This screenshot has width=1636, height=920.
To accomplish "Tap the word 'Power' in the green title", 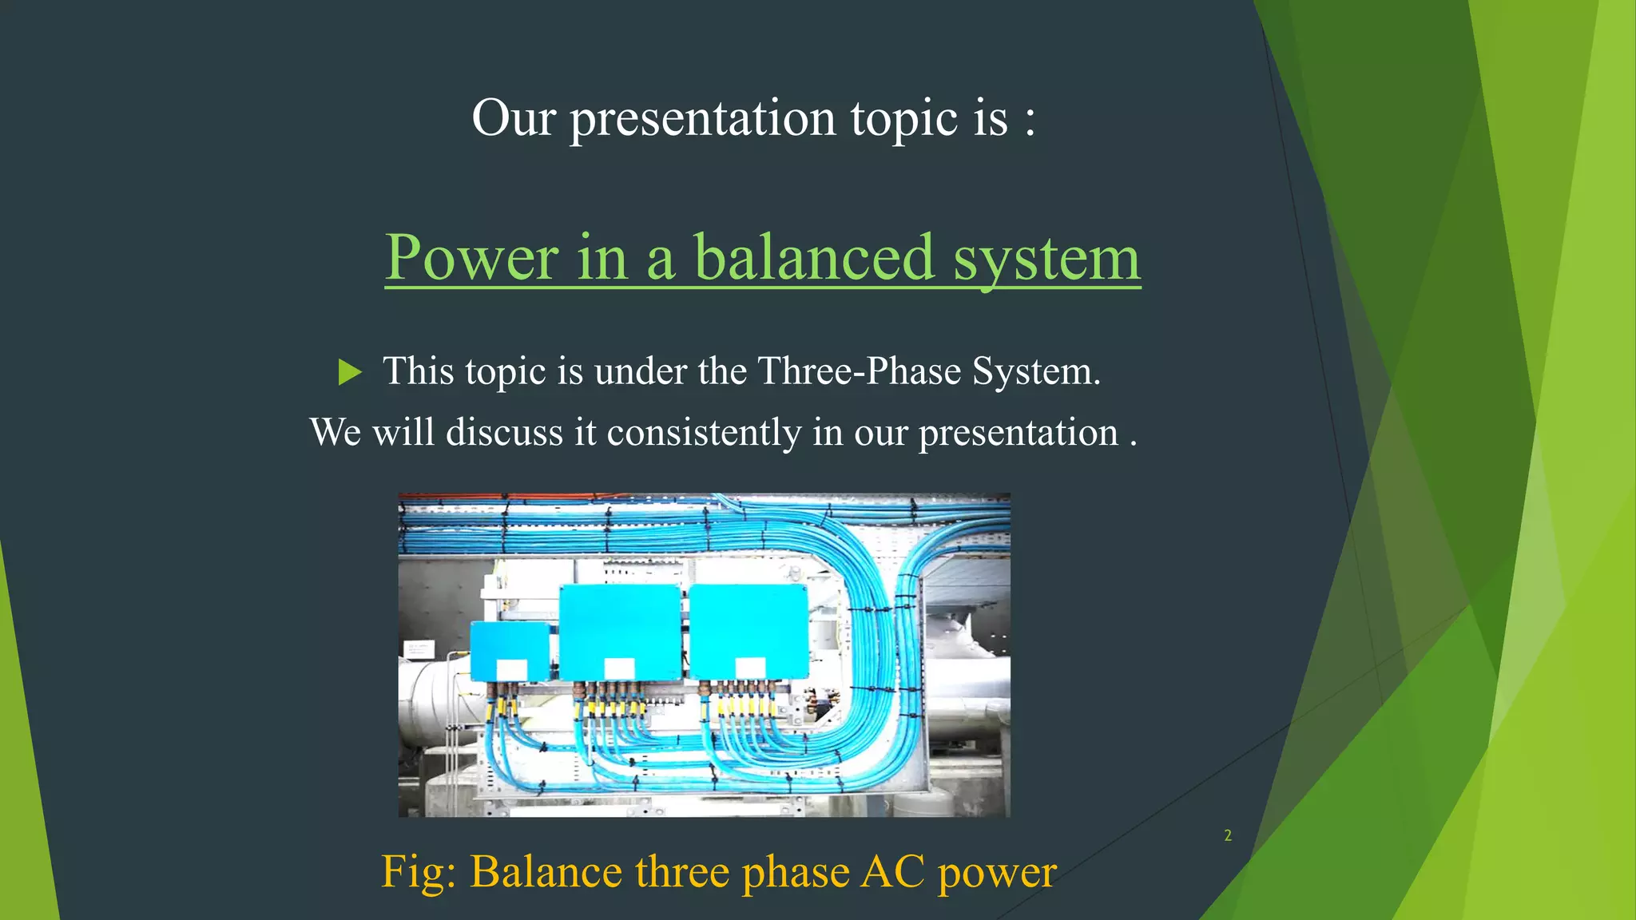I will pos(471,258).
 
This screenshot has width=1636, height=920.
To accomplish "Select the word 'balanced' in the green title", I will pos(813,258).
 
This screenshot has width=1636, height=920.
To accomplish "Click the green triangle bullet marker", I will pos(350,372).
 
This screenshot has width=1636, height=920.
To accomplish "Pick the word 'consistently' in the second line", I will pos(704,433).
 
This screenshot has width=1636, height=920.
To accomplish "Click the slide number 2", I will pos(1228,835).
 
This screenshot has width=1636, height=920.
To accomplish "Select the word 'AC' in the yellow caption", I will pos(893,871).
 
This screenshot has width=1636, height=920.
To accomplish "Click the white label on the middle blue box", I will pos(619,668).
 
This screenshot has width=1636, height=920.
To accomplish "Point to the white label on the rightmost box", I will pos(750,668).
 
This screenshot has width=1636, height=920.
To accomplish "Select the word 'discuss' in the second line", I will pos(504,433).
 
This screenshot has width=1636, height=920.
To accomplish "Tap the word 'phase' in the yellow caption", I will pos(796,873).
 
